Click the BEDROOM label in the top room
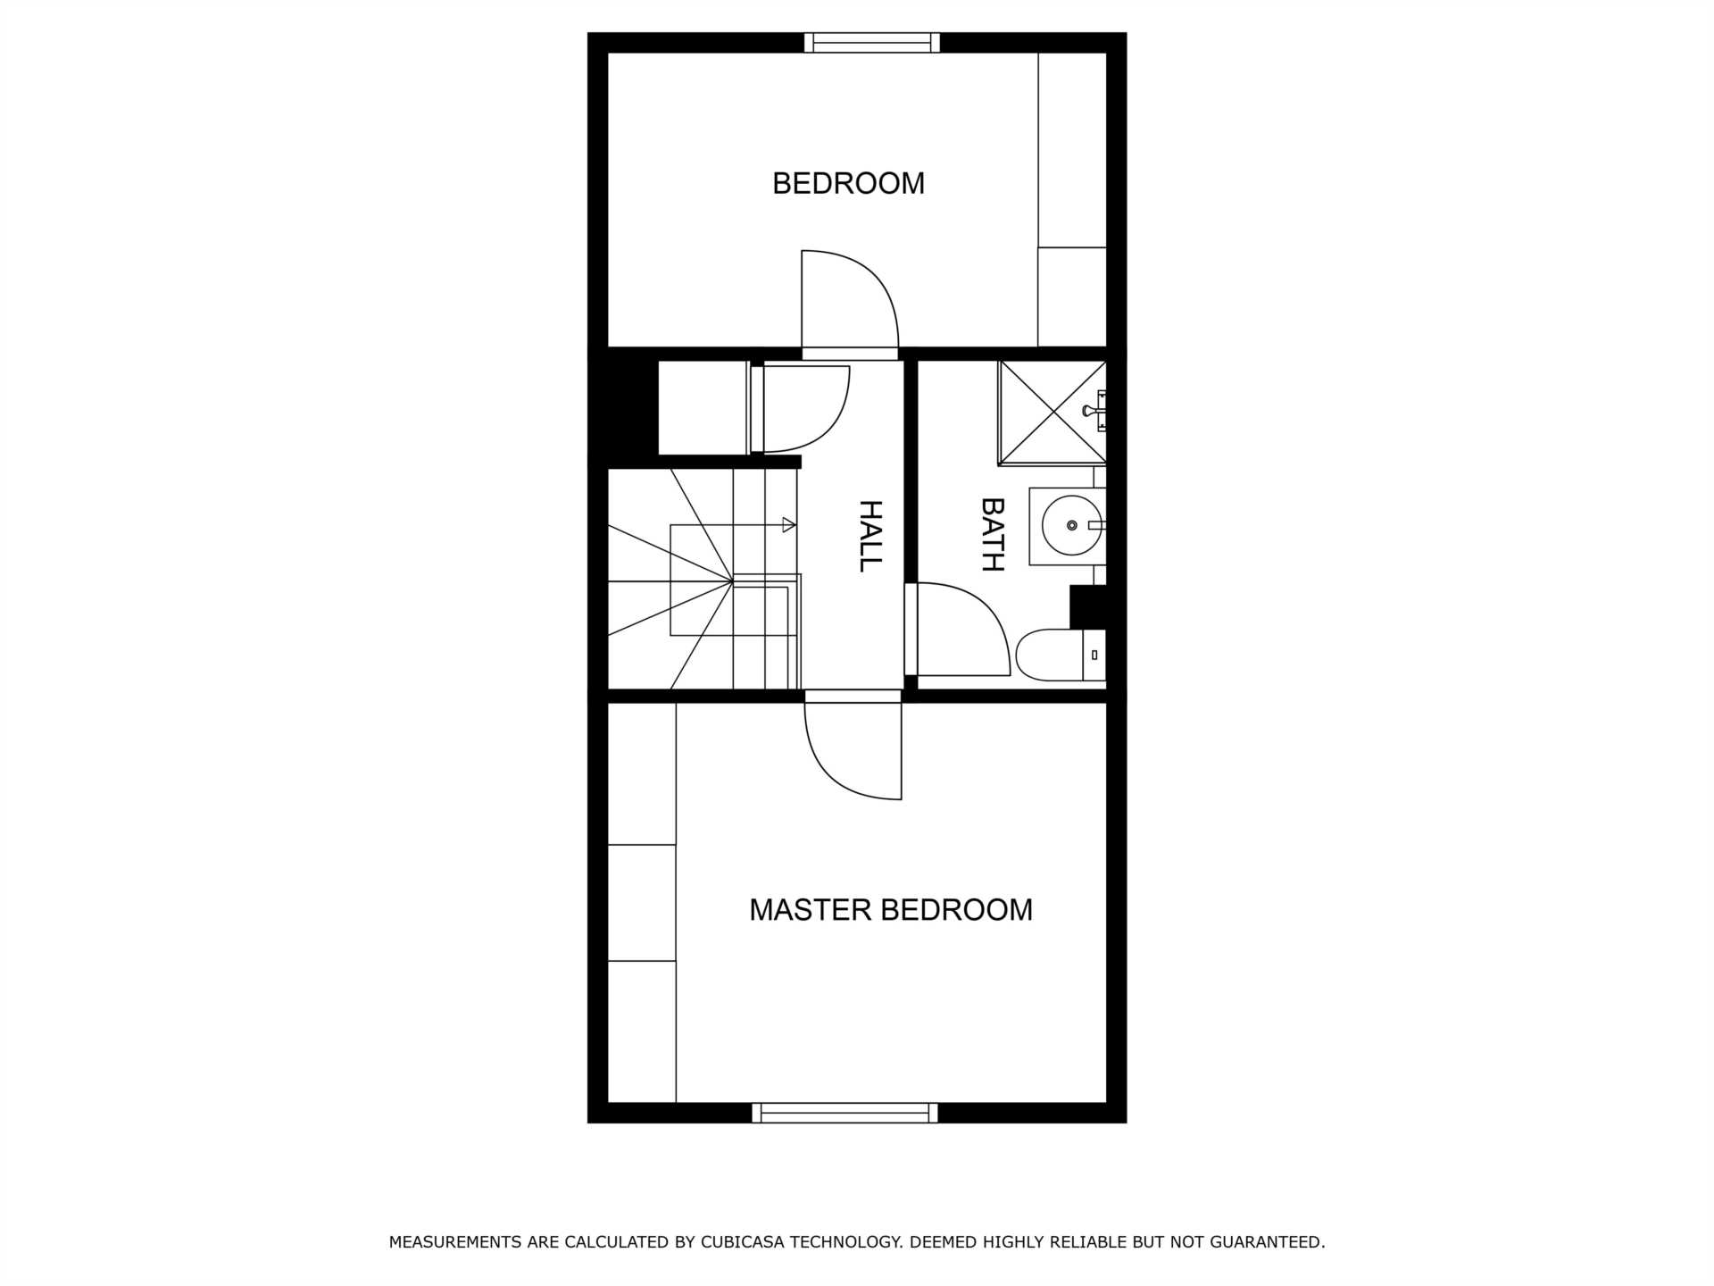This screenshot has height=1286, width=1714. (848, 183)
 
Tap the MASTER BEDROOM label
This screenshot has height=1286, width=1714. (891, 909)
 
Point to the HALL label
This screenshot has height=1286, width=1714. (869, 536)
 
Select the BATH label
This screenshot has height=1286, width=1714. (993, 534)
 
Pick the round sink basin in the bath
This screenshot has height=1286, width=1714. (1072, 526)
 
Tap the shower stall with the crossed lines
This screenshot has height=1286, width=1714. (1053, 413)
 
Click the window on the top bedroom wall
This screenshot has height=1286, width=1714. (872, 42)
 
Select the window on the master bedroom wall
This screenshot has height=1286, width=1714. (845, 1113)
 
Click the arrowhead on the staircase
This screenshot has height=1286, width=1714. (788, 525)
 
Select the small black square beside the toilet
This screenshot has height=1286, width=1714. (1088, 607)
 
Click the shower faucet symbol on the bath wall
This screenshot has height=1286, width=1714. (1094, 411)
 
